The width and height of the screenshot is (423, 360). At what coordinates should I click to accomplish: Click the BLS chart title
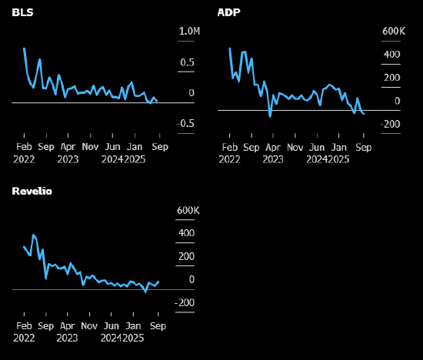[x=22, y=12]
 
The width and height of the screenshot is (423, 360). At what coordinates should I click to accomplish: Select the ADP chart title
[x=228, y=12]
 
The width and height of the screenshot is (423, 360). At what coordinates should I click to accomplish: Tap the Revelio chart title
[x=32, y=191]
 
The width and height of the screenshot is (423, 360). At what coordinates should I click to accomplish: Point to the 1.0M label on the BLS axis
[x=190, y=31]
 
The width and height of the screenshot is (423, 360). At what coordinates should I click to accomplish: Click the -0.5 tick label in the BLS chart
[x=185, y=123]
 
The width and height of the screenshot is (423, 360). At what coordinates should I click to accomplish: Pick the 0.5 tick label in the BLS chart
[x=187, y=62]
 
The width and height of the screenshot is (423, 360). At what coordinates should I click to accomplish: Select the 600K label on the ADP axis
[x=394, y=31]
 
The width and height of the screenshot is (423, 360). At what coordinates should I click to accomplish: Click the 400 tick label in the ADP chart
[x=392, y=55]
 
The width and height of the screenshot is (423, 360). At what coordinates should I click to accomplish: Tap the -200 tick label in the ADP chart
[x=390, y=124]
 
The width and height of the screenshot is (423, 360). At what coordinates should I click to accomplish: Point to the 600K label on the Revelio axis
[x=188, y=210]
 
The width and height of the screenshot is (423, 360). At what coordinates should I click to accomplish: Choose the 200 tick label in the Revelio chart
[x=186, y=256]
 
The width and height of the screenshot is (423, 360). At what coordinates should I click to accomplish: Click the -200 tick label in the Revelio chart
[x=185, y=302]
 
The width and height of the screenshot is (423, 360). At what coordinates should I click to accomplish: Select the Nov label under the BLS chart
[x=91, y=147]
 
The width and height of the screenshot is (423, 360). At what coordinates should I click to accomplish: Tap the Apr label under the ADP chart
[x=273, y=148]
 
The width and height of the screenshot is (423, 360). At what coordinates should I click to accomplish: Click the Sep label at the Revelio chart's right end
[x=158, y=326]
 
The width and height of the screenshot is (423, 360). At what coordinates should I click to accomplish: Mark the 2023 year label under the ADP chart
[x=273, y=159]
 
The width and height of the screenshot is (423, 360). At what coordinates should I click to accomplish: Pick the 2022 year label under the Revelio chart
[x=24, y=338]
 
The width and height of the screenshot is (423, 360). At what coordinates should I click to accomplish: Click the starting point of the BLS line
[x=25, y=48]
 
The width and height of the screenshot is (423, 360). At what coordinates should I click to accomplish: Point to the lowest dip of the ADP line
[x=270, y=116]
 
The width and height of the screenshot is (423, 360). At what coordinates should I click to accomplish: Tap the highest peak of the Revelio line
[x=33, y=235]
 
